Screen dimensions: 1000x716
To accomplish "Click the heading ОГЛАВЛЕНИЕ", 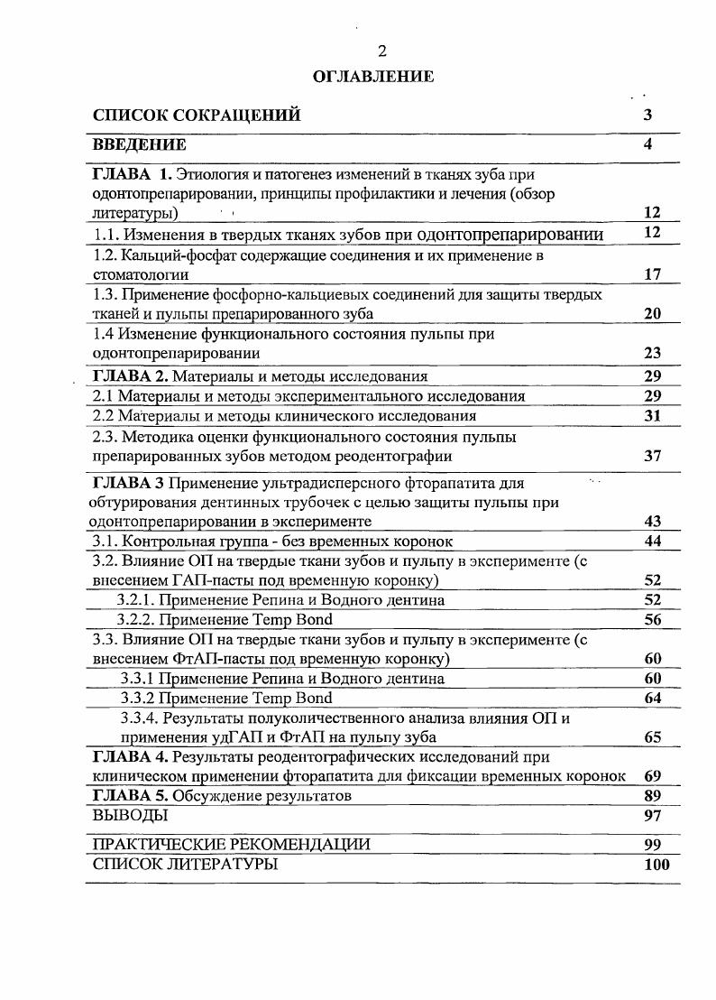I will coord(372,77).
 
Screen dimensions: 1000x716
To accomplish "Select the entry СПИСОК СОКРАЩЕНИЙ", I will coord(197,116).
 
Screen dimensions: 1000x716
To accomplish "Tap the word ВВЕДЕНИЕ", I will coord(139,144).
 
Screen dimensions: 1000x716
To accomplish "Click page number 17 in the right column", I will coord(653,274).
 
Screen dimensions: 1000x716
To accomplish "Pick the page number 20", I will coord(653,314).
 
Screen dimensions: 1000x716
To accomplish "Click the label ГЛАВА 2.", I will coord(131,376).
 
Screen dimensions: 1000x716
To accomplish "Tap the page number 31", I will coord(653,416).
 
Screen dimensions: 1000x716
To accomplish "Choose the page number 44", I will coord(653,541).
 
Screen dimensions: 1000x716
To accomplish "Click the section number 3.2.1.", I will coord(138,600).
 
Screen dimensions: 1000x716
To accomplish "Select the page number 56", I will coord(653,619).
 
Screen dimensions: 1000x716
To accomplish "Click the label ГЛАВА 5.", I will coord(131,796).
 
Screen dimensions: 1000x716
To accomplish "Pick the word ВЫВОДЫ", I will coord(131,816).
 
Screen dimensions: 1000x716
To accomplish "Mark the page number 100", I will coord(656,865).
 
